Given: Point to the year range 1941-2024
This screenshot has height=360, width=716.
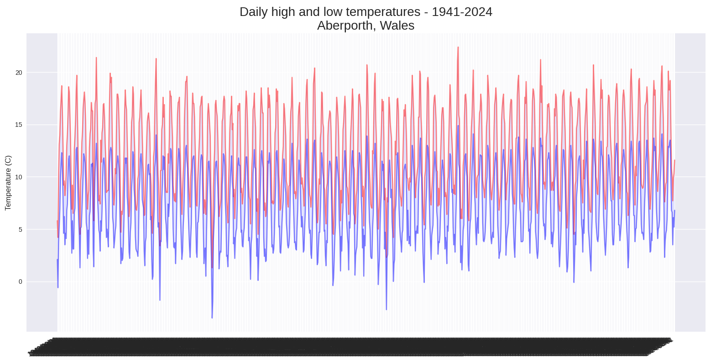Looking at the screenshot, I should [x=462, y=12].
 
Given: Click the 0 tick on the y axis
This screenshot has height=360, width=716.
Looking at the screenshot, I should [x=20, y=282].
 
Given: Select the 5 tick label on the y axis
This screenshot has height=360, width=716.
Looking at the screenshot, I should [x=20, y=230].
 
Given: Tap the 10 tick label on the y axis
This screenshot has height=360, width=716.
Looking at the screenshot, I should [x=18, y=177].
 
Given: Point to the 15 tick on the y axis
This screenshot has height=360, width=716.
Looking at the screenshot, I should [x=18, y=125].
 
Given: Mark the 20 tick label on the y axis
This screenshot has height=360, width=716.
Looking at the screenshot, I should [x=18, y=73].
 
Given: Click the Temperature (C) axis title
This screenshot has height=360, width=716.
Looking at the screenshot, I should [x=8, y=183].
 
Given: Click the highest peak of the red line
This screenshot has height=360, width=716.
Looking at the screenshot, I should [x=458, y=47].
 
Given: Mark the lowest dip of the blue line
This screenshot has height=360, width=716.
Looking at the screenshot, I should [x=212, y=318].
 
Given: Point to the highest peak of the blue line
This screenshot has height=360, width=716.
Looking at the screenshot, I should [x=458, y=125].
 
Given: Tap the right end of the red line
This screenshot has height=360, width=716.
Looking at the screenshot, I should [x=674, y=160].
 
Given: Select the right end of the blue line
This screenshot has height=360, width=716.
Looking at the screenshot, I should [x=674, y=210].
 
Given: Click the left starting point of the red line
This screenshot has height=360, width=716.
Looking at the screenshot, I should [x=57, y=221].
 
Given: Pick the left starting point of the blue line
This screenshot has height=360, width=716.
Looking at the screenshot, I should [x=57, y=260].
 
